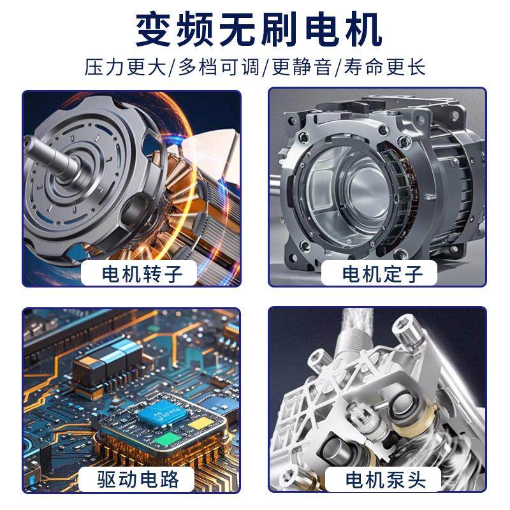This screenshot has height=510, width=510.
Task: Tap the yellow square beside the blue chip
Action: (x=200, y=423)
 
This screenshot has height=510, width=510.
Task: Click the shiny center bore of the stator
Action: (x=357, y=185)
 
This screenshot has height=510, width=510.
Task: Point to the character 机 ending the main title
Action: (x=359, y=29)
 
